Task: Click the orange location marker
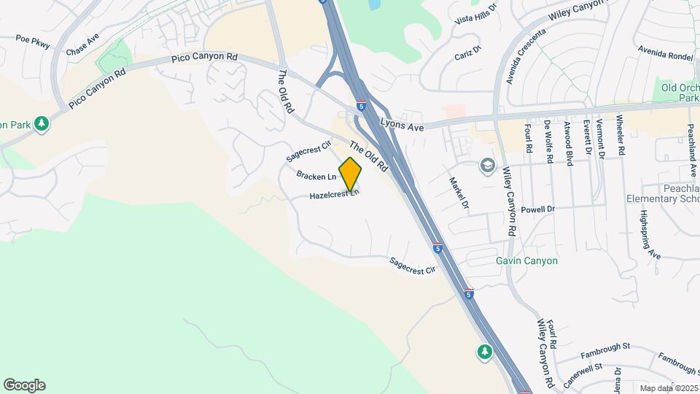[351, 174]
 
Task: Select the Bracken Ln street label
[316, 176]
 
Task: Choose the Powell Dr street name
[538, 209]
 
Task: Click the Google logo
[24, 385]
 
